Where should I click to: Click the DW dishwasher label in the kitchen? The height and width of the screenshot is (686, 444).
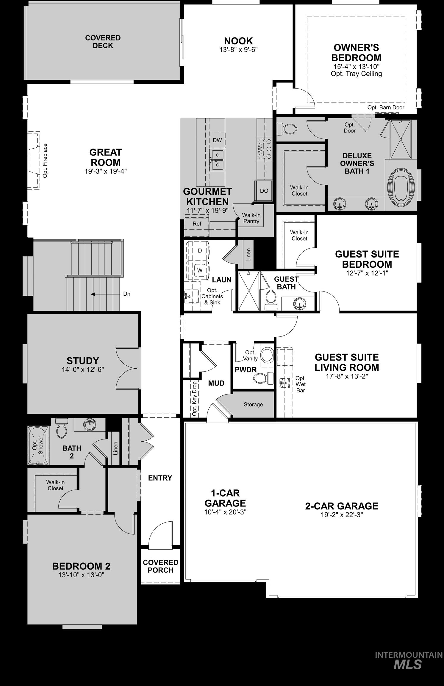pyautogui.click(x=217, y=140)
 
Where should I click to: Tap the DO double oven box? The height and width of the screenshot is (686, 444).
pyautogui.click(x=264, y=191)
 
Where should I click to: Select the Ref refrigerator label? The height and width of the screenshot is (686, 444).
pyautogui.click(x=197, y=224)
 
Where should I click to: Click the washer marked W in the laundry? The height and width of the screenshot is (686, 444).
pyautogui.click(x=200, y=270)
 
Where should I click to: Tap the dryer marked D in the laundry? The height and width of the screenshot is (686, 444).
pyautogui.click(x=200, y=251)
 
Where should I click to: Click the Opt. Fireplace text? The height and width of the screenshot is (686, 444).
pyautogui.click(x=45, y=161)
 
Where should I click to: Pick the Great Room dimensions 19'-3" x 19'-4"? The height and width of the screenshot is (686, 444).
pyautogui.click(x=105, y=171)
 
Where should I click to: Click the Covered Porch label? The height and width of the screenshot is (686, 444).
pyautogui.click(x=160, y=566)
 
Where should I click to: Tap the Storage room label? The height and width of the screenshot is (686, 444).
pyautogui.click(x=253, y=404)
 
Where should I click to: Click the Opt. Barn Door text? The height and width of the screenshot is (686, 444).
pyautogui.click(x=386, y=107)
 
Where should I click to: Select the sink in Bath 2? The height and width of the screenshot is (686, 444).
pyautogui.click(x=90, y=425)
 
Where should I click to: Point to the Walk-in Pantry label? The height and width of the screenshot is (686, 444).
pyautogui.click(x=251, y=218)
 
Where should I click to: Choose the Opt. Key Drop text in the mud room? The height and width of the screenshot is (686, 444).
pyautogui.click(x=195, y=399)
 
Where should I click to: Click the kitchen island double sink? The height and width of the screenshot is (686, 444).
pyautogui.click(x=218, y=160)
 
